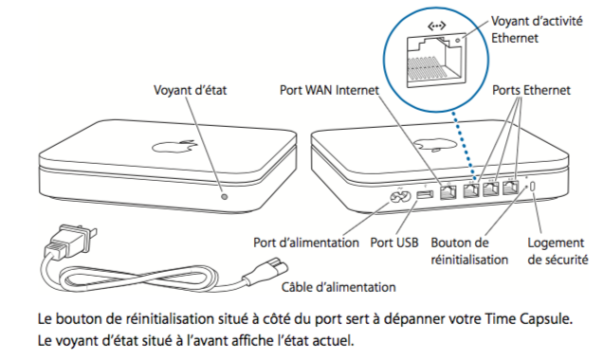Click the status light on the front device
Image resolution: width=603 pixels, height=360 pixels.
click(225, 197)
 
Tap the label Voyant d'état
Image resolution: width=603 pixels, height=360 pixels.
click(190, 90)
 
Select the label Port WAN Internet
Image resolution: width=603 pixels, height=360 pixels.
click(329, 90)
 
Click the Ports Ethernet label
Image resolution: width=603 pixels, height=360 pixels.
click(531, 90)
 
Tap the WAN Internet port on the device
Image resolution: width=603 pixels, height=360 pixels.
click(448, 191)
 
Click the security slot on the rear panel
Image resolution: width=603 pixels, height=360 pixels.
click(534, 188)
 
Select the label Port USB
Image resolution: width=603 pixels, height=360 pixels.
click(394, 243)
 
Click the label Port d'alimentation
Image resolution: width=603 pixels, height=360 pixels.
click(306, 243)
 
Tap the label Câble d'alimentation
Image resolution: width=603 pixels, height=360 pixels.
click(338, 287)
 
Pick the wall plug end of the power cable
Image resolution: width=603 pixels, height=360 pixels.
click(70, 241)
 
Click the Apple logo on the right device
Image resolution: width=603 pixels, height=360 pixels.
click(435, 145)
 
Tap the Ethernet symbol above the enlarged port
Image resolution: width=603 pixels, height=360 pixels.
click(437, 27)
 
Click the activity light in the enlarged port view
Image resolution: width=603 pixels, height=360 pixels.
click(458, 41)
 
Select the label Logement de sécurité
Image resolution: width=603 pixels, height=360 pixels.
click(557, 251)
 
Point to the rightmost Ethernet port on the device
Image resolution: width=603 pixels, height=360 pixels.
click(510, 188)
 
